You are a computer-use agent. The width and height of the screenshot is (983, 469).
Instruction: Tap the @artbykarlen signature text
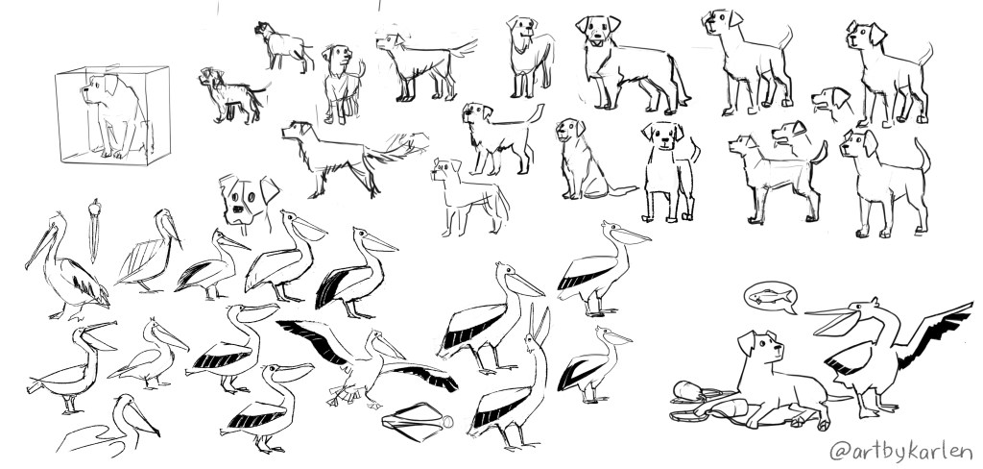900,451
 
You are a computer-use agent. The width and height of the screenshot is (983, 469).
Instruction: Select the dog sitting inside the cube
116,115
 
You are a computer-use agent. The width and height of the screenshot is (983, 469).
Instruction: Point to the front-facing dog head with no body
248,200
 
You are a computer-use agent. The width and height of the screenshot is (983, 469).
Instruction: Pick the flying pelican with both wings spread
366,362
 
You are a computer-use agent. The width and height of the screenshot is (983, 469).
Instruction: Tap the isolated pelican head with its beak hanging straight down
94,229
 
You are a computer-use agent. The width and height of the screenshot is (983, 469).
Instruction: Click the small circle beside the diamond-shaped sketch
447,422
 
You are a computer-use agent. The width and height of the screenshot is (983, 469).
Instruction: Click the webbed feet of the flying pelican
342,397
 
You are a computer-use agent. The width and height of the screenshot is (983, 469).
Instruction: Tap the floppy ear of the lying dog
746,341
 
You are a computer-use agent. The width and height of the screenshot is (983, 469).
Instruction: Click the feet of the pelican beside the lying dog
875,409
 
